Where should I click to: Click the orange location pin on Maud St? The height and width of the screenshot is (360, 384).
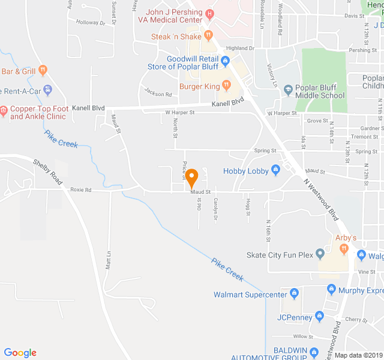(x=191, y=178)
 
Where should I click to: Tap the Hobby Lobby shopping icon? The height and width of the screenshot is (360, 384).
(x=276, y=171)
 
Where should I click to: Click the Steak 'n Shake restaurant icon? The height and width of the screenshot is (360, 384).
(x=208, y=36)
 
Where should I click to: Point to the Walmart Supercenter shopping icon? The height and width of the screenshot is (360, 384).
(x=294, y=294)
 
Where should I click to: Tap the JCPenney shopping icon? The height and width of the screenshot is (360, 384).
(x=320, y=316)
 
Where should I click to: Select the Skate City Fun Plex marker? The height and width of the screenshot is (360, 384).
(x=320, y=255)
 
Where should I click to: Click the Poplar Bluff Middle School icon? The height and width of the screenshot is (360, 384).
(x=288, y=89)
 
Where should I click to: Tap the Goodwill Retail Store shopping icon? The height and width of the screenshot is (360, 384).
(x=225, y=61)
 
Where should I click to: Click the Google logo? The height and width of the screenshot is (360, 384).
(x=20, y=353)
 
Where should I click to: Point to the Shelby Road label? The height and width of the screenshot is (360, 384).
(x=47, y=172)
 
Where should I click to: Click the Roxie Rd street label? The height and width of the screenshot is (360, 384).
(x=80, y=190)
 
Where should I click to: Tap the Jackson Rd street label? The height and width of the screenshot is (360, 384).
(x=154, y=92)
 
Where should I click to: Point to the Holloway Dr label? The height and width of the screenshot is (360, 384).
(x=90, y=23)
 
